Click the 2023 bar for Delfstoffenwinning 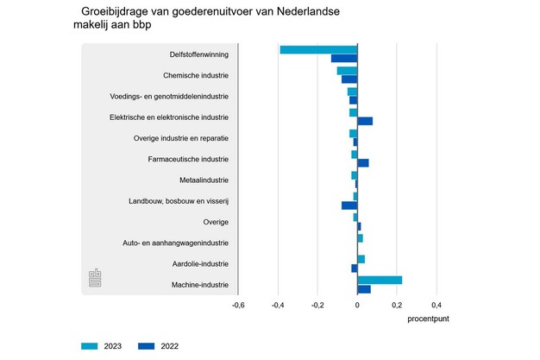[x=318, y=49]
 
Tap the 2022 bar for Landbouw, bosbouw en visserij [x=349, y=205]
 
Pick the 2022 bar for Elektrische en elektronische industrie [x=365, y=121]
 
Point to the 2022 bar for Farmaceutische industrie [x=363, y=163]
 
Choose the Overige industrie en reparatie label [x=181, y=138]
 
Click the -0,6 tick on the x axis [x=238, y=305]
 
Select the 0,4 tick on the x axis [x=436, y=305]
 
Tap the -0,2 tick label [x=317, y=305]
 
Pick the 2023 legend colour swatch [x=90, y=346]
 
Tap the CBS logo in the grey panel [x=95, y=279]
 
